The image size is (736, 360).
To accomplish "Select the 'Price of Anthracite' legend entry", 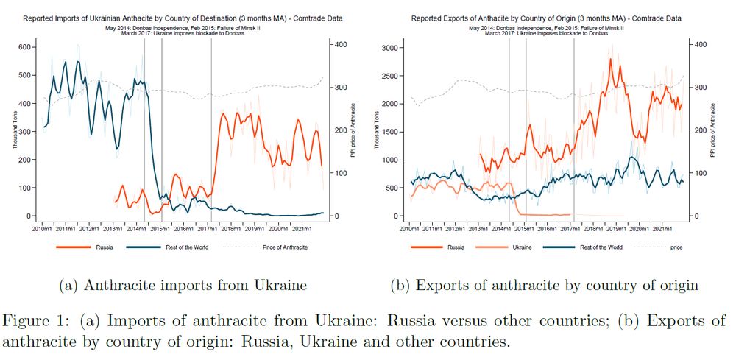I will pos(285,247).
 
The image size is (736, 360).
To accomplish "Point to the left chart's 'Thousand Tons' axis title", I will pos(13,130).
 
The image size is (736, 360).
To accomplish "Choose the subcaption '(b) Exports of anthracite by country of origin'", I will pos(546,285).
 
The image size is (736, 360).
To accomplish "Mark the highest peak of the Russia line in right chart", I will pos(610,59).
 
